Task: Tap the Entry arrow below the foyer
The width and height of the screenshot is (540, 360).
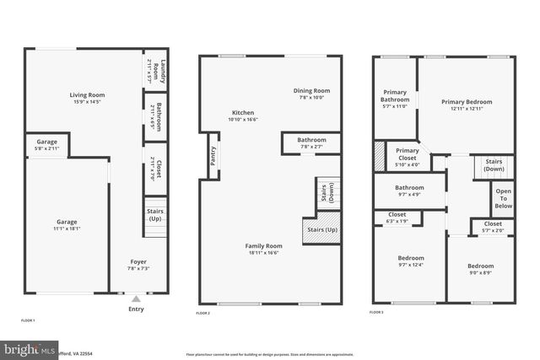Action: pyautogui.click(x=136, y=298)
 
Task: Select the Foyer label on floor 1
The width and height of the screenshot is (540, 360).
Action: pyautogui.click(x=138, y=265)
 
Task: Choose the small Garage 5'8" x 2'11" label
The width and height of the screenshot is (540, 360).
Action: pyautogui.click(x=46, y=145)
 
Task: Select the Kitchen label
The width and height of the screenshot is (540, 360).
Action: pyautogui.click(x=243, y=116)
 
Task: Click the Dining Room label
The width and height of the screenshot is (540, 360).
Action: pyautogui.click(x=311, y=94)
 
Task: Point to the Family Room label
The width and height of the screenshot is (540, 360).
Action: pyautogui.click(x=263, y=249)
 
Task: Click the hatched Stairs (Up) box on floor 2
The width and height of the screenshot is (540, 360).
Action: pyautogui.click(x=321, y=230)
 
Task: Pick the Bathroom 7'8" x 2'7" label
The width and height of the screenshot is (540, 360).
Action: pyautogui.click(x=311, y=143)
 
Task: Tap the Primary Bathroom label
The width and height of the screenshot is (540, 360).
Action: pyautogui.click(x=395, y=99)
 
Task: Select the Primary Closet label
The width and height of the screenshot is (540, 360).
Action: pyautogui.click(x=408, y=156)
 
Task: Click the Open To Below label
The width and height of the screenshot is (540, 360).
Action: pyautogui.click(x=503, y=199)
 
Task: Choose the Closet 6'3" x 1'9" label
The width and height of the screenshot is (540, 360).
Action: pyautogui.click(x=397, y=218)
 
